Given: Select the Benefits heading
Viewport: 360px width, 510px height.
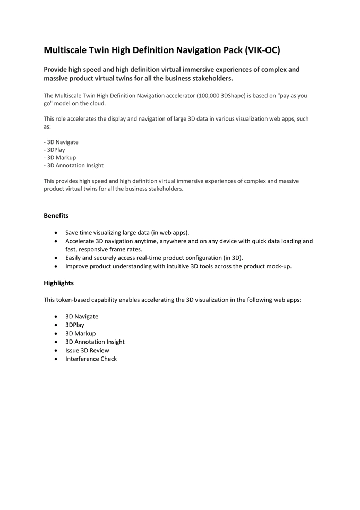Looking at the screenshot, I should tap(56, 216).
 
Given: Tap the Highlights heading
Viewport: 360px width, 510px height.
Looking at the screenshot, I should tap(58, 283).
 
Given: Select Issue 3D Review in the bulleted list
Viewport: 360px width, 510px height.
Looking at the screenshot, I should tap(87, 350).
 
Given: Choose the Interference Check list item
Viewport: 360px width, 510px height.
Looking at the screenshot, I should tap(91, 359).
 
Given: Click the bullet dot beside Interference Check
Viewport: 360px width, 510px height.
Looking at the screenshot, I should tap(56, 359).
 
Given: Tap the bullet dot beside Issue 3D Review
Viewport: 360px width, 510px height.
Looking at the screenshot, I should tap(56, 351).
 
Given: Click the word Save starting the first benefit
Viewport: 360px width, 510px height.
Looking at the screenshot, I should tap(72, 232).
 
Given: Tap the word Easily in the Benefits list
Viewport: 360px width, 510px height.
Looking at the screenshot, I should tap(74, 258).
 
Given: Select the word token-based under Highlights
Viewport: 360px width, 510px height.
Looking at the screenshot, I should tap(76, 300).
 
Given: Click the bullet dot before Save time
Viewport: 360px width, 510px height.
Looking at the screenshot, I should tap(56, 233).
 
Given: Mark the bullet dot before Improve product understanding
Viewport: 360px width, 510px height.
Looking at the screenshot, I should tap(56, 267).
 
